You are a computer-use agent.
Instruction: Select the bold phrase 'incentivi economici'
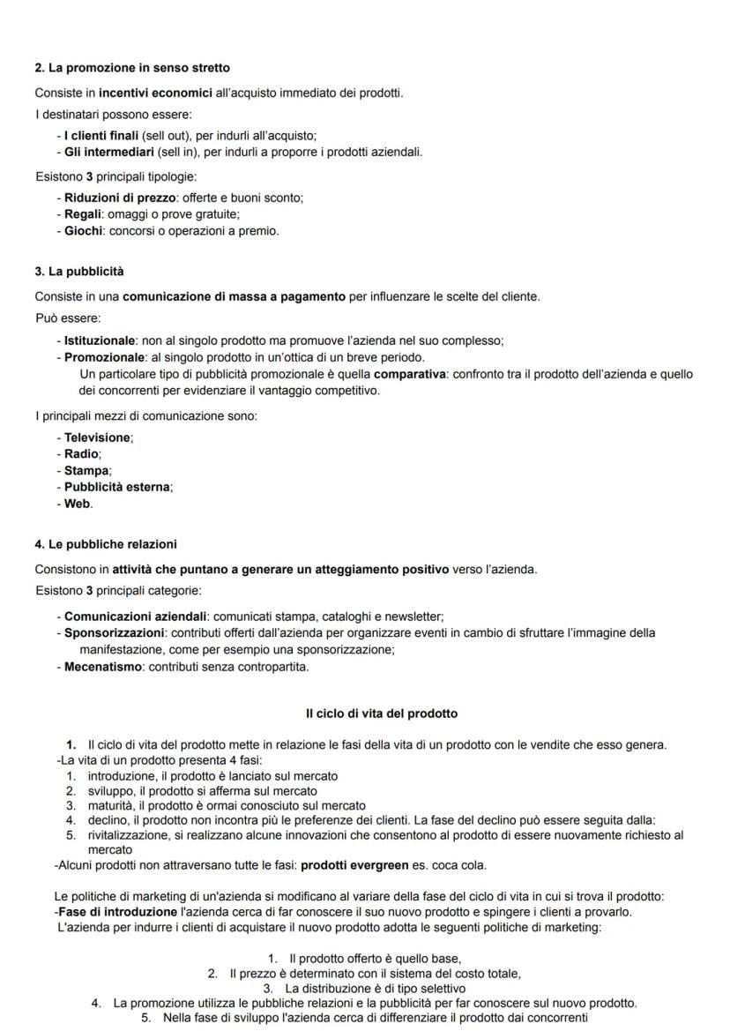(155, 93)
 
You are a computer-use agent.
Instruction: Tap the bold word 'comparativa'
(411, 374)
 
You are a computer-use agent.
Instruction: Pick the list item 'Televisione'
(98, 437)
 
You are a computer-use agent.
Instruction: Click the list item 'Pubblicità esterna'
(117, 487)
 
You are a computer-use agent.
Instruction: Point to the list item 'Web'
(78, 504)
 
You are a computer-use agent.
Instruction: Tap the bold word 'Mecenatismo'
(102, 667)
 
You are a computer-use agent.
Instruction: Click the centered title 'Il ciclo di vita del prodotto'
(382, 713)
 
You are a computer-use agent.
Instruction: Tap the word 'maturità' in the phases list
(110, 805)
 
